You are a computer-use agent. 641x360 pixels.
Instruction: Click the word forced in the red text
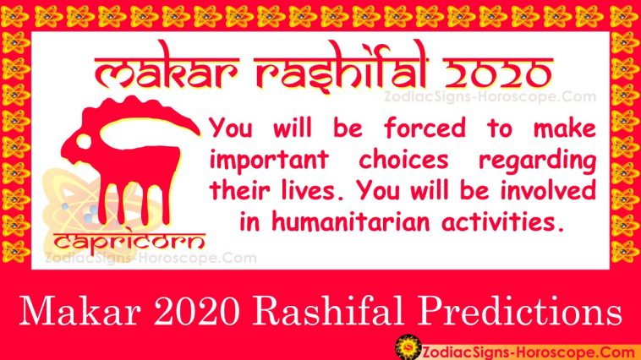[x=425, y=128]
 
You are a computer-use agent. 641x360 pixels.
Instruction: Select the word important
[x=270, y=160]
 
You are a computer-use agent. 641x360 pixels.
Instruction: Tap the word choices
[x=404, y=159]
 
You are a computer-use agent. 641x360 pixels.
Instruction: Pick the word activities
[x=503, y=222]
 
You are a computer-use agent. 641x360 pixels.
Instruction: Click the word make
[x=565, y=128]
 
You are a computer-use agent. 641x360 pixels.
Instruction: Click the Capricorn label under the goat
[x=129, y=241]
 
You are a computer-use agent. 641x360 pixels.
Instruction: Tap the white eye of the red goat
[x=84, y=141]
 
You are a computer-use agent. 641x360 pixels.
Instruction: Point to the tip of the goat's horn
[x=200, y=134]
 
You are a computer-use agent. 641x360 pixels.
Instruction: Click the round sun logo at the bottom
[x=408, y=347]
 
